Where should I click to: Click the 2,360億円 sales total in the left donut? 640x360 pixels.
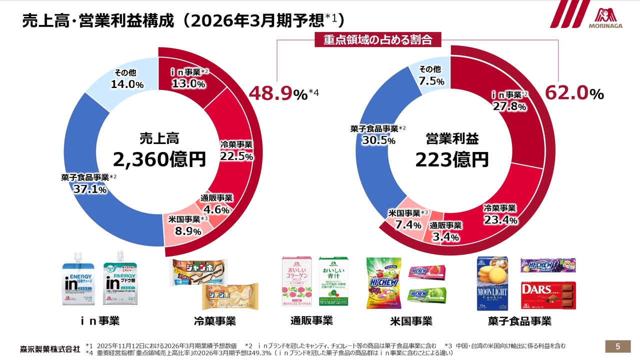pyautogui.click(x=159, y=159)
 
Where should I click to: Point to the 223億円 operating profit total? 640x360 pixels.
pyautogui.click(x=452, y=159)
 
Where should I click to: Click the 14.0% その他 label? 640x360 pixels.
pyautogui.click(x=127, y=84)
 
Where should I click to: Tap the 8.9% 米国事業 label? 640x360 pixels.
pyautogui.click(x=187, y=231)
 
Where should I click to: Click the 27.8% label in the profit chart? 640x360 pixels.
pyautogui.click(x=509, y=106)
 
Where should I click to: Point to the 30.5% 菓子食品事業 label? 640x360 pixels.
pyautogui.click(x=378, y=140)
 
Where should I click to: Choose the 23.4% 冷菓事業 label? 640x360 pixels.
pyautogui.click(x=500, y=220)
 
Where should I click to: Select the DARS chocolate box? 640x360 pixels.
pyautogui.click(x=548, y=295)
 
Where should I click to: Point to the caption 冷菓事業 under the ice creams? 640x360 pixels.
pyautogui.click(x=214, y=320)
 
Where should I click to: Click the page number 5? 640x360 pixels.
pyautogui.click(x=617, y=346)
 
